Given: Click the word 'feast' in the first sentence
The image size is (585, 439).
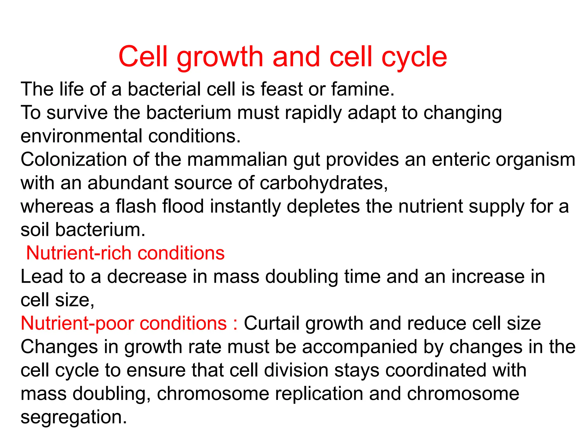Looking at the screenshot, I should point(281,89).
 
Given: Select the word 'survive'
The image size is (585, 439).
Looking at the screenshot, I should point(77,113).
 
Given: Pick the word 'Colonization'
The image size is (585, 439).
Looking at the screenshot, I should point(74,159).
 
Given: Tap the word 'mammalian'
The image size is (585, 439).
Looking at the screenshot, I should point(237,159).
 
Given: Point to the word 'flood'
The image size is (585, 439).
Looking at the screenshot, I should point(183,206).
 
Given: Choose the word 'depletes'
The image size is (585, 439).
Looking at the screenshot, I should point(323,207).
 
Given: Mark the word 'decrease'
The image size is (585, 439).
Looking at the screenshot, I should point(147,277).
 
